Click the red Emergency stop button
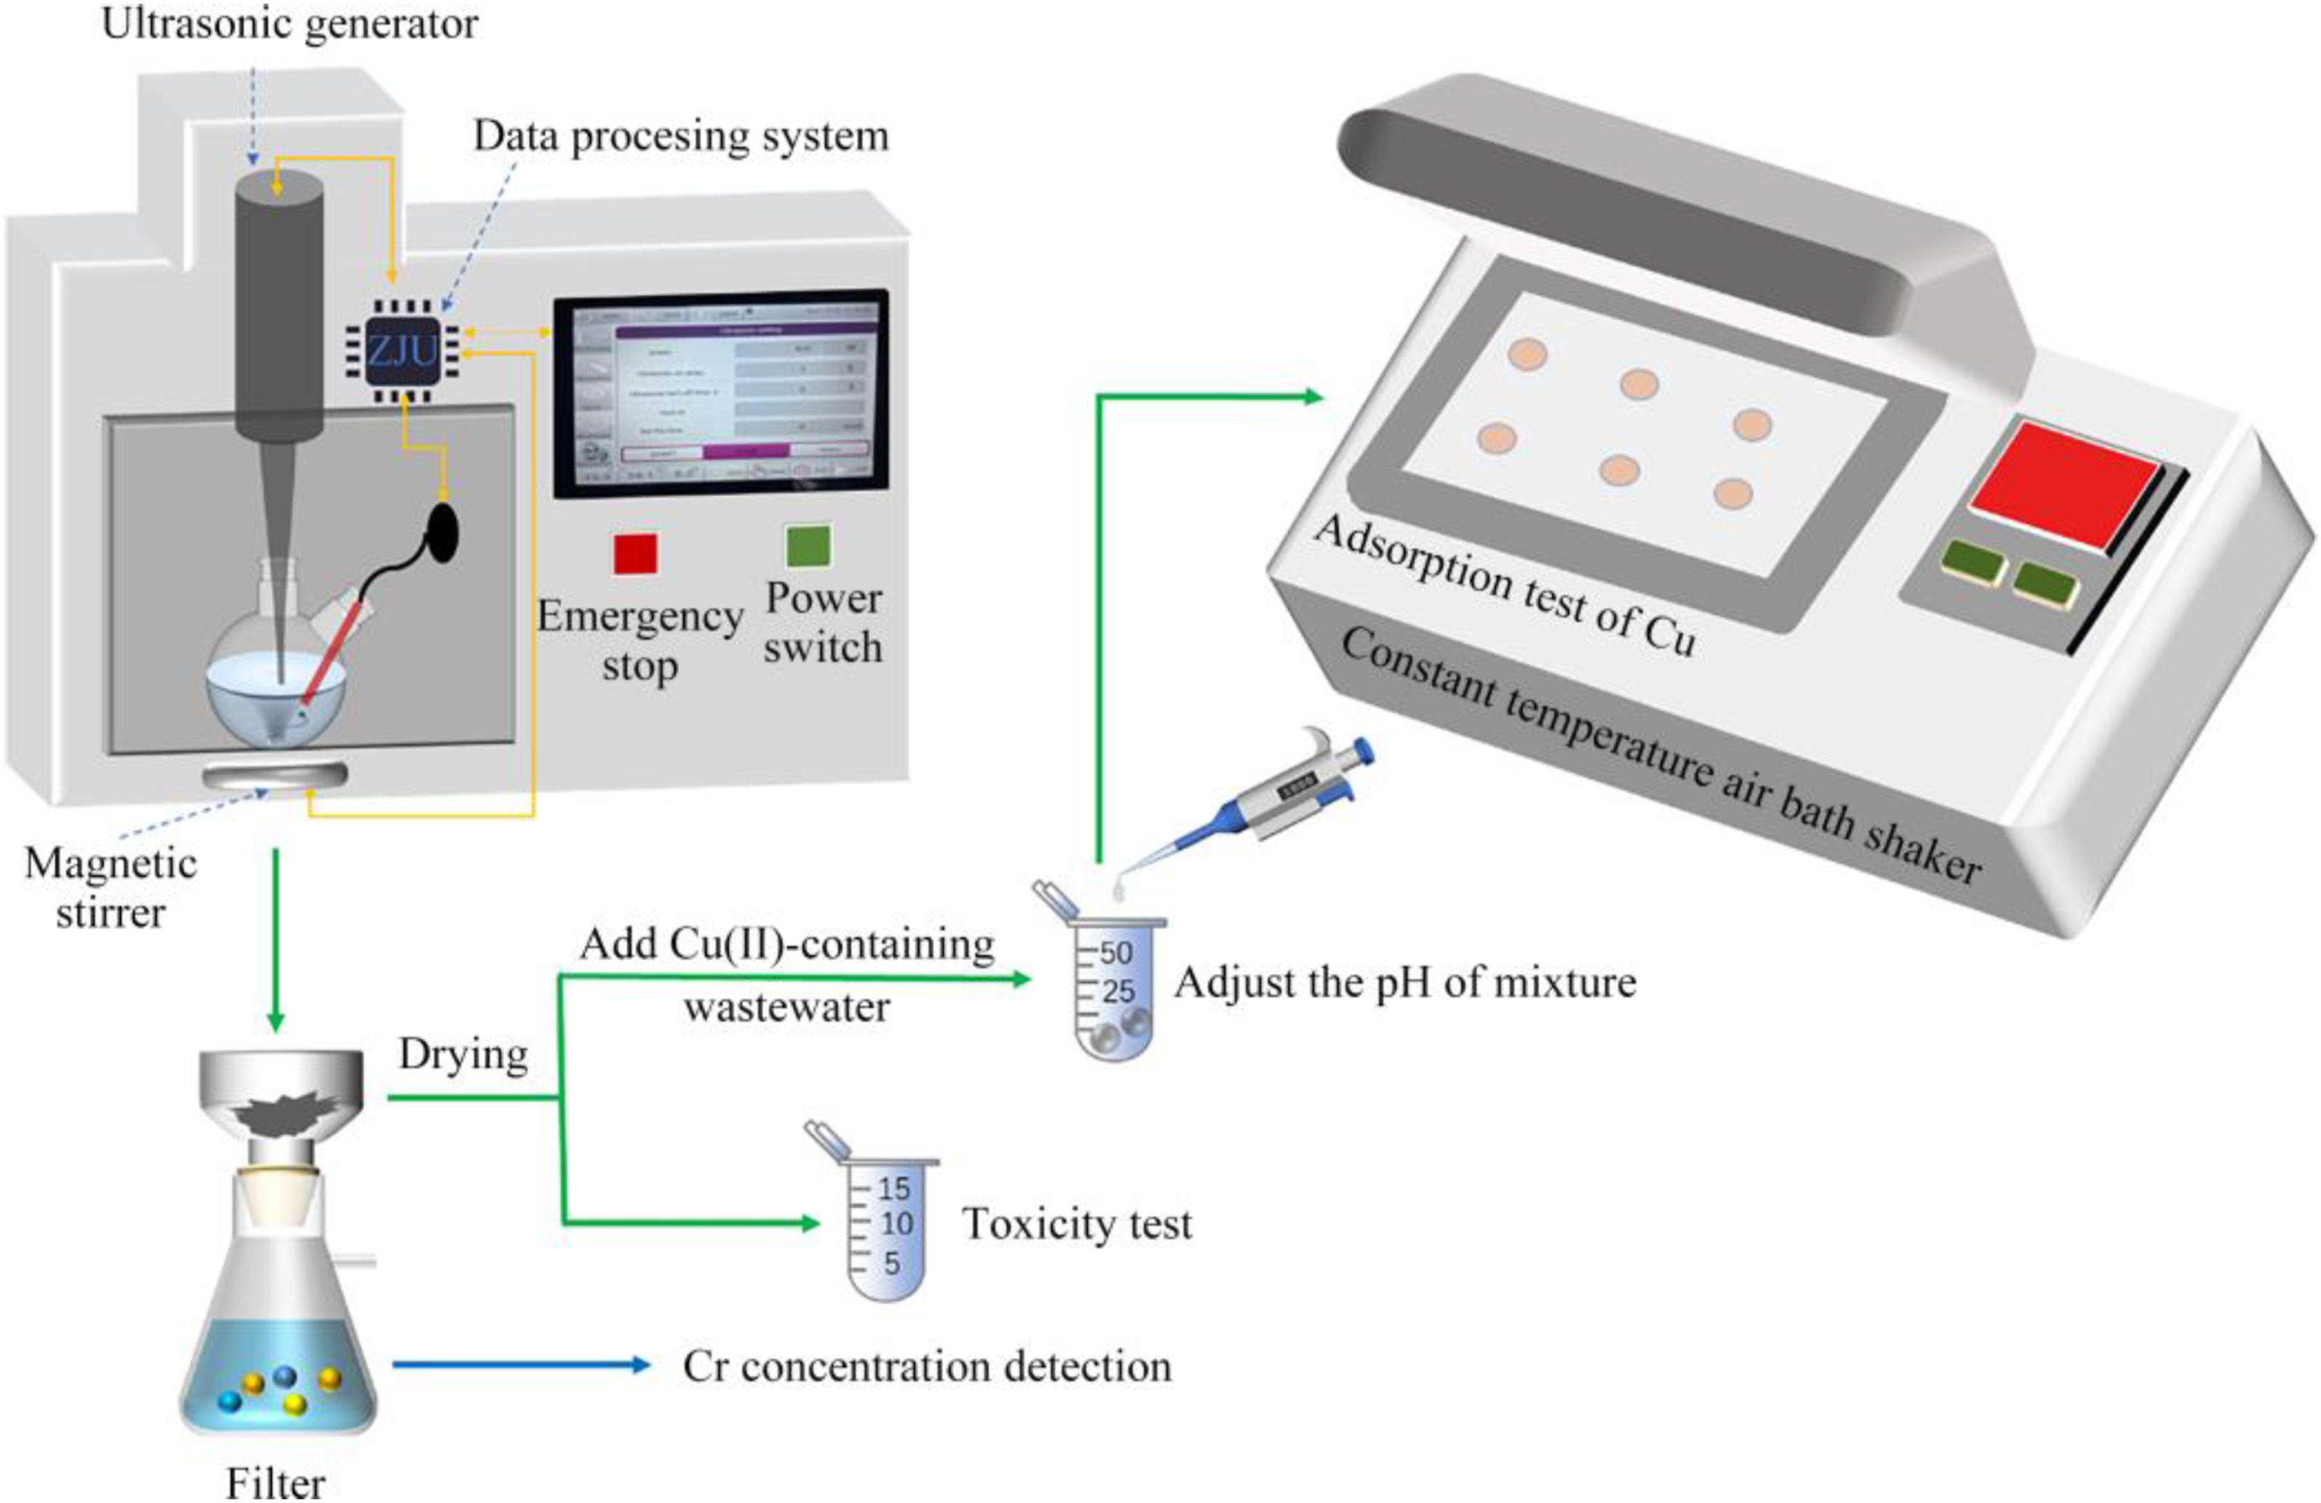(x=635, y=554)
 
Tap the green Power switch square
(x=808, y=545)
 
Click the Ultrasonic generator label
(x=290, y=24)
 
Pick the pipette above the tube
(x=1268, y=794)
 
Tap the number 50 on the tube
(x=1116, y=952)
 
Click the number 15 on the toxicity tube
(x=893, y=1189)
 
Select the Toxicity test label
(x=1077, y=1224)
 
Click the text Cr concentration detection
(x=927, y=1366)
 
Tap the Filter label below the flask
(x=275, y=1484)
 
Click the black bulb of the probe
(x=444, y=532)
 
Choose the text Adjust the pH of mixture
(x=1404, y=982)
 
